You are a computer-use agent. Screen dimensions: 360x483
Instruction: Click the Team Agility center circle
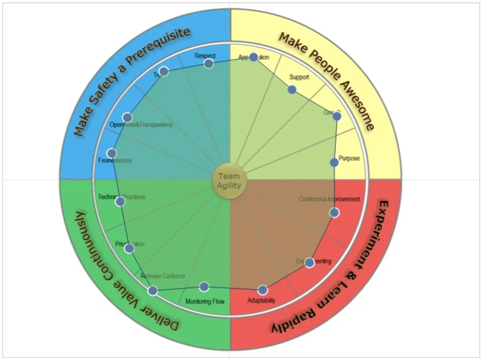[x=229, y=181]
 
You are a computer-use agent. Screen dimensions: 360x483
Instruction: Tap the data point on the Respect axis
[x=208, y=63]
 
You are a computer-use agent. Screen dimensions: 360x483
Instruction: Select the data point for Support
[x=292, y=90]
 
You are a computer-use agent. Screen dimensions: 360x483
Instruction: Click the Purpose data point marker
[x=334, y=162]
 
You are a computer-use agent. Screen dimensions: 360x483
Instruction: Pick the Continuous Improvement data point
[x=334, y=213]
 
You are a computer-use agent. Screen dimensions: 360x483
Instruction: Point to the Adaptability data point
[x=262, y=290]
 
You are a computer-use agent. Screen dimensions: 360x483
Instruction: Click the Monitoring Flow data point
[x=204, y=287]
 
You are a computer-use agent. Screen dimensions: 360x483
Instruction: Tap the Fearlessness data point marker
[x=111, y=154]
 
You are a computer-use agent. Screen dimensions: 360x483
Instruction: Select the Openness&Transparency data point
[x=127, y=117]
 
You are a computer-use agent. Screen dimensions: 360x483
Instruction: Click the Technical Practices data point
[x=120, y=202]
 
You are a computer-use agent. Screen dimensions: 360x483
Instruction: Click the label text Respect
[x=205, y=56]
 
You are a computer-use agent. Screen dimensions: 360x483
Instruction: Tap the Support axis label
[x=299, y=77]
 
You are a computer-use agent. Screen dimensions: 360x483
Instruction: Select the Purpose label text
[x=349, y=158]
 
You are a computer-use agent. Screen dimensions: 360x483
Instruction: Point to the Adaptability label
[x=261, y=301]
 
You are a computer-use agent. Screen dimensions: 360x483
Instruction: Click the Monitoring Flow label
[x=205, y=301]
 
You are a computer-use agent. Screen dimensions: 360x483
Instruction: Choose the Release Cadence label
[x=163, y=276]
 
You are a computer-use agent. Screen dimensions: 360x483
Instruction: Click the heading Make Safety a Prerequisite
[x=132, y=81]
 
